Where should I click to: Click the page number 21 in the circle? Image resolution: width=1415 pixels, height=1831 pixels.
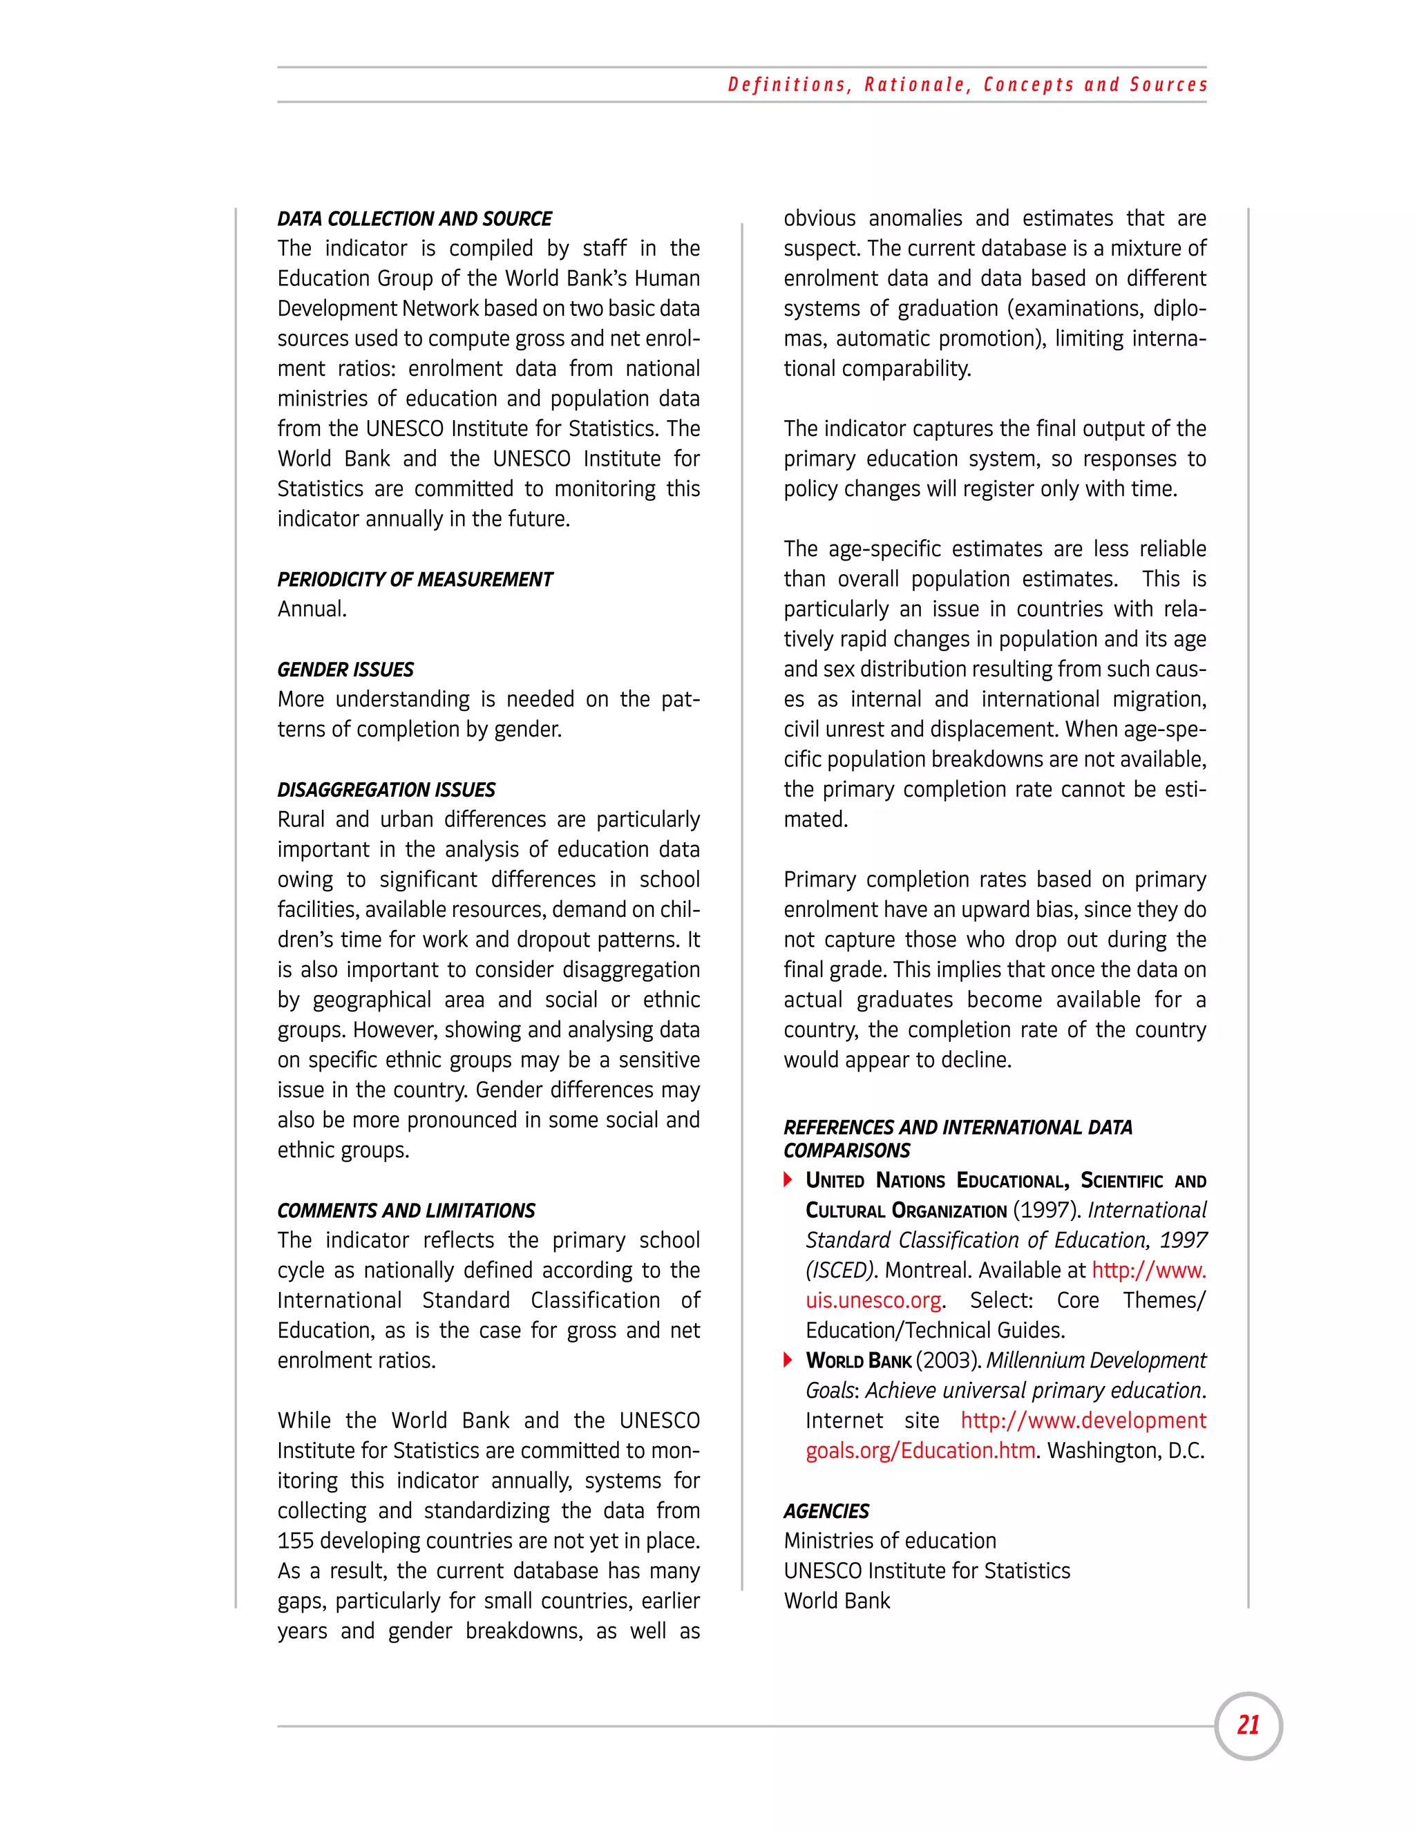pyautogui.click(x=1248, y=1725)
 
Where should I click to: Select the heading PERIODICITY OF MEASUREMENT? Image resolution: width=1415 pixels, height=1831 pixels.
pyautogui.click(x=415, y=579)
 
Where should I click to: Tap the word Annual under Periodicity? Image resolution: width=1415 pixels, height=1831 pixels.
pyautogui.click(x=311, y=609)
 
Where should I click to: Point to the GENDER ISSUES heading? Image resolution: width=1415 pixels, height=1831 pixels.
pyautogui.click(x=345, y=670)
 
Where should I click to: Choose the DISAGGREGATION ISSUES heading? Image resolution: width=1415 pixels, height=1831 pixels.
pyautogui.click(x=386, y=790)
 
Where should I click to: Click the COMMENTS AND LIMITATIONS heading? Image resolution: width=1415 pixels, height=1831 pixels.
pyautogui.click(x=406, y=1211)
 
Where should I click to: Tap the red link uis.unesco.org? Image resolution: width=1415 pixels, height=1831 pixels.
pyautogui.click(x=873, y=1300)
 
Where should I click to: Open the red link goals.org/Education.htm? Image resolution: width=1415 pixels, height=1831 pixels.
pyautogui.click(x=920, y=1450)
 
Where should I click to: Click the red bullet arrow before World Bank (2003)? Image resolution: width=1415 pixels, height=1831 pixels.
pyautogui.click(x=788, y=1360)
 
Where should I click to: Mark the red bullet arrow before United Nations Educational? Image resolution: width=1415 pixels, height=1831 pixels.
pyautogui.click(x=788, y=1179)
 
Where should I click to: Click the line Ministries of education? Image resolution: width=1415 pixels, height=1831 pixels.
pyautogui.click(x=889, y=1541)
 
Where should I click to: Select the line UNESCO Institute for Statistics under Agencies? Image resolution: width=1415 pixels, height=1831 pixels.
pyautogui.click(x=927, y=1571)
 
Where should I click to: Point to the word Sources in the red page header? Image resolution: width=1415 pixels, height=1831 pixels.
pyautogui.click(x=1168, y=85)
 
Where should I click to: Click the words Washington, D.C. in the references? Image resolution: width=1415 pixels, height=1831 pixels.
pyautogui.click(x=1126, y=1450)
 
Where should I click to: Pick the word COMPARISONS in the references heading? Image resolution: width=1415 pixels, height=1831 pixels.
pyautogui.click(x=846, y=1151)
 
